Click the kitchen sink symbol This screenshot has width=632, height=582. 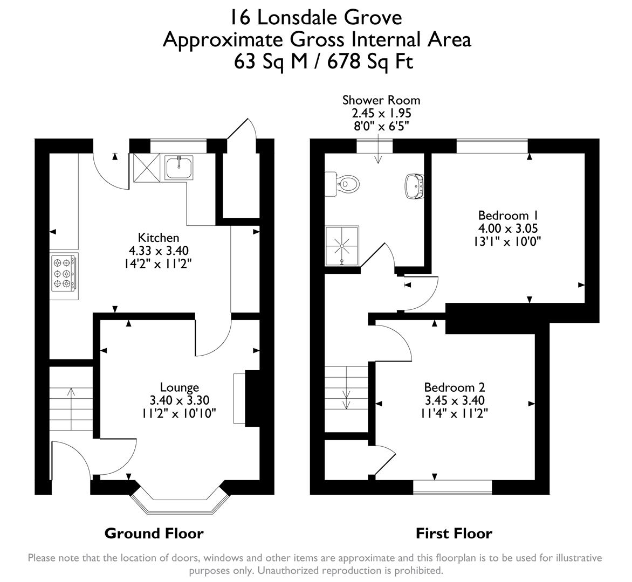(180, 167)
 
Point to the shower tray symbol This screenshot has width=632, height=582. (341, 246)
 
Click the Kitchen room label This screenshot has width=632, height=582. (159, 238)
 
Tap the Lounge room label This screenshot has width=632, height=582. (180, 387)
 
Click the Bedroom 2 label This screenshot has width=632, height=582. (454, 387)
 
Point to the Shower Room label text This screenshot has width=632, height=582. (381, 100)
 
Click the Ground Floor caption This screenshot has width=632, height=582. (154, 533)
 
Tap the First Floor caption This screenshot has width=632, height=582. (454, 533)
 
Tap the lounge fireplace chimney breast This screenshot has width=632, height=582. (252, 398)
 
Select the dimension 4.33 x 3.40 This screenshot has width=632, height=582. (159, 251)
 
